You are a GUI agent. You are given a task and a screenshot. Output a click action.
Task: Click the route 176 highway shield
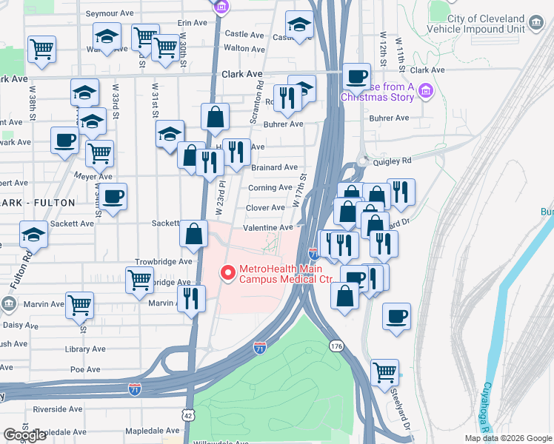[337, 346]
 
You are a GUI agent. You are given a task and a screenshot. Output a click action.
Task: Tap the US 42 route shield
[189, 417]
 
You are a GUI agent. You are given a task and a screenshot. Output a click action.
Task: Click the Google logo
[24, 436]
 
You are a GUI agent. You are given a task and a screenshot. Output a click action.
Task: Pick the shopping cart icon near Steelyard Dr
[384, 372]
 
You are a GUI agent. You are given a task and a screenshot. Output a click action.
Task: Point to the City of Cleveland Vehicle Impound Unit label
[487, 23]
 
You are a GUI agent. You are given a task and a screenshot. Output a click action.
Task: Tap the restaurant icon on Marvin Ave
[191, 298]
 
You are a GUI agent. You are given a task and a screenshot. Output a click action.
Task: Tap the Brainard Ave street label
[273, 168]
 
